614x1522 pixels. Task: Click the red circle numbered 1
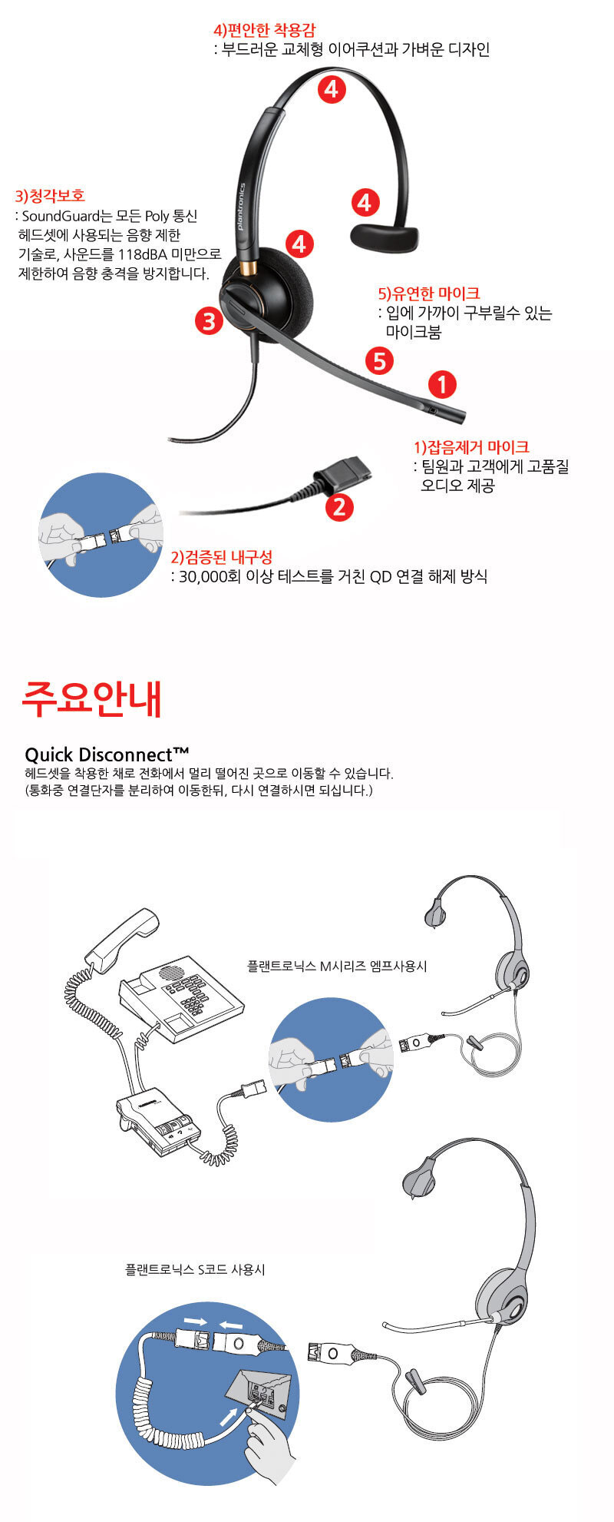(x=442, y=384)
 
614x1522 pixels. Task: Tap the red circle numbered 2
(x=339, y=506)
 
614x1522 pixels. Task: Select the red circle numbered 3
(x=209, y=320)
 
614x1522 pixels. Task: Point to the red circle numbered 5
(x=380, y=360)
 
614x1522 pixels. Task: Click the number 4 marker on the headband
(x=331, y=89)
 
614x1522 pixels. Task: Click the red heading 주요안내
(x=91, y=698)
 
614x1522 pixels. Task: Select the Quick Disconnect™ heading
(x=107, y=754)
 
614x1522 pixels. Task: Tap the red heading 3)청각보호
(x=50, y=196)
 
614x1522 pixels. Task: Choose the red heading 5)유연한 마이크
(x=429, y=293)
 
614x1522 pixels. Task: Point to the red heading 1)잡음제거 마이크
(x=471, y=446)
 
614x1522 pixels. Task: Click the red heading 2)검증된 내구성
(x=221, y=557)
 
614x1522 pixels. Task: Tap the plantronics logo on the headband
(x=240, y=207)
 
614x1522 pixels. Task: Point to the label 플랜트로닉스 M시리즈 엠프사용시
(x=337, y=966)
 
